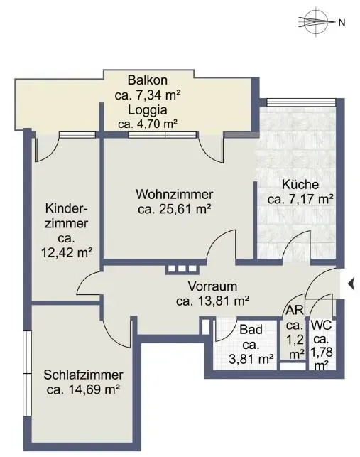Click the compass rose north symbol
click(317, 23)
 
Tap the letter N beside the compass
click(342, 23)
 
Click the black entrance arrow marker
click(351, 284)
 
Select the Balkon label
click(148, 80)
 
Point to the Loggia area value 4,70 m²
click(148, 124)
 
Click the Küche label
click(300, 185)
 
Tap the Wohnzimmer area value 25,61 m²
click(175, 209)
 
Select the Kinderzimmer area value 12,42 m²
click(67, 253)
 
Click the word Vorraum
click(212, 286)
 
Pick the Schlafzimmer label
click(83, 375)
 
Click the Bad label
click(251, 330)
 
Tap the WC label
click(321, 326)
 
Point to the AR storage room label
click(295, 310)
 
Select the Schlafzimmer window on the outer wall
click(27, 373)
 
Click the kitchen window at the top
click(301, 102)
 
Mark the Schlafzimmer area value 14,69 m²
click(83, 389)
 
